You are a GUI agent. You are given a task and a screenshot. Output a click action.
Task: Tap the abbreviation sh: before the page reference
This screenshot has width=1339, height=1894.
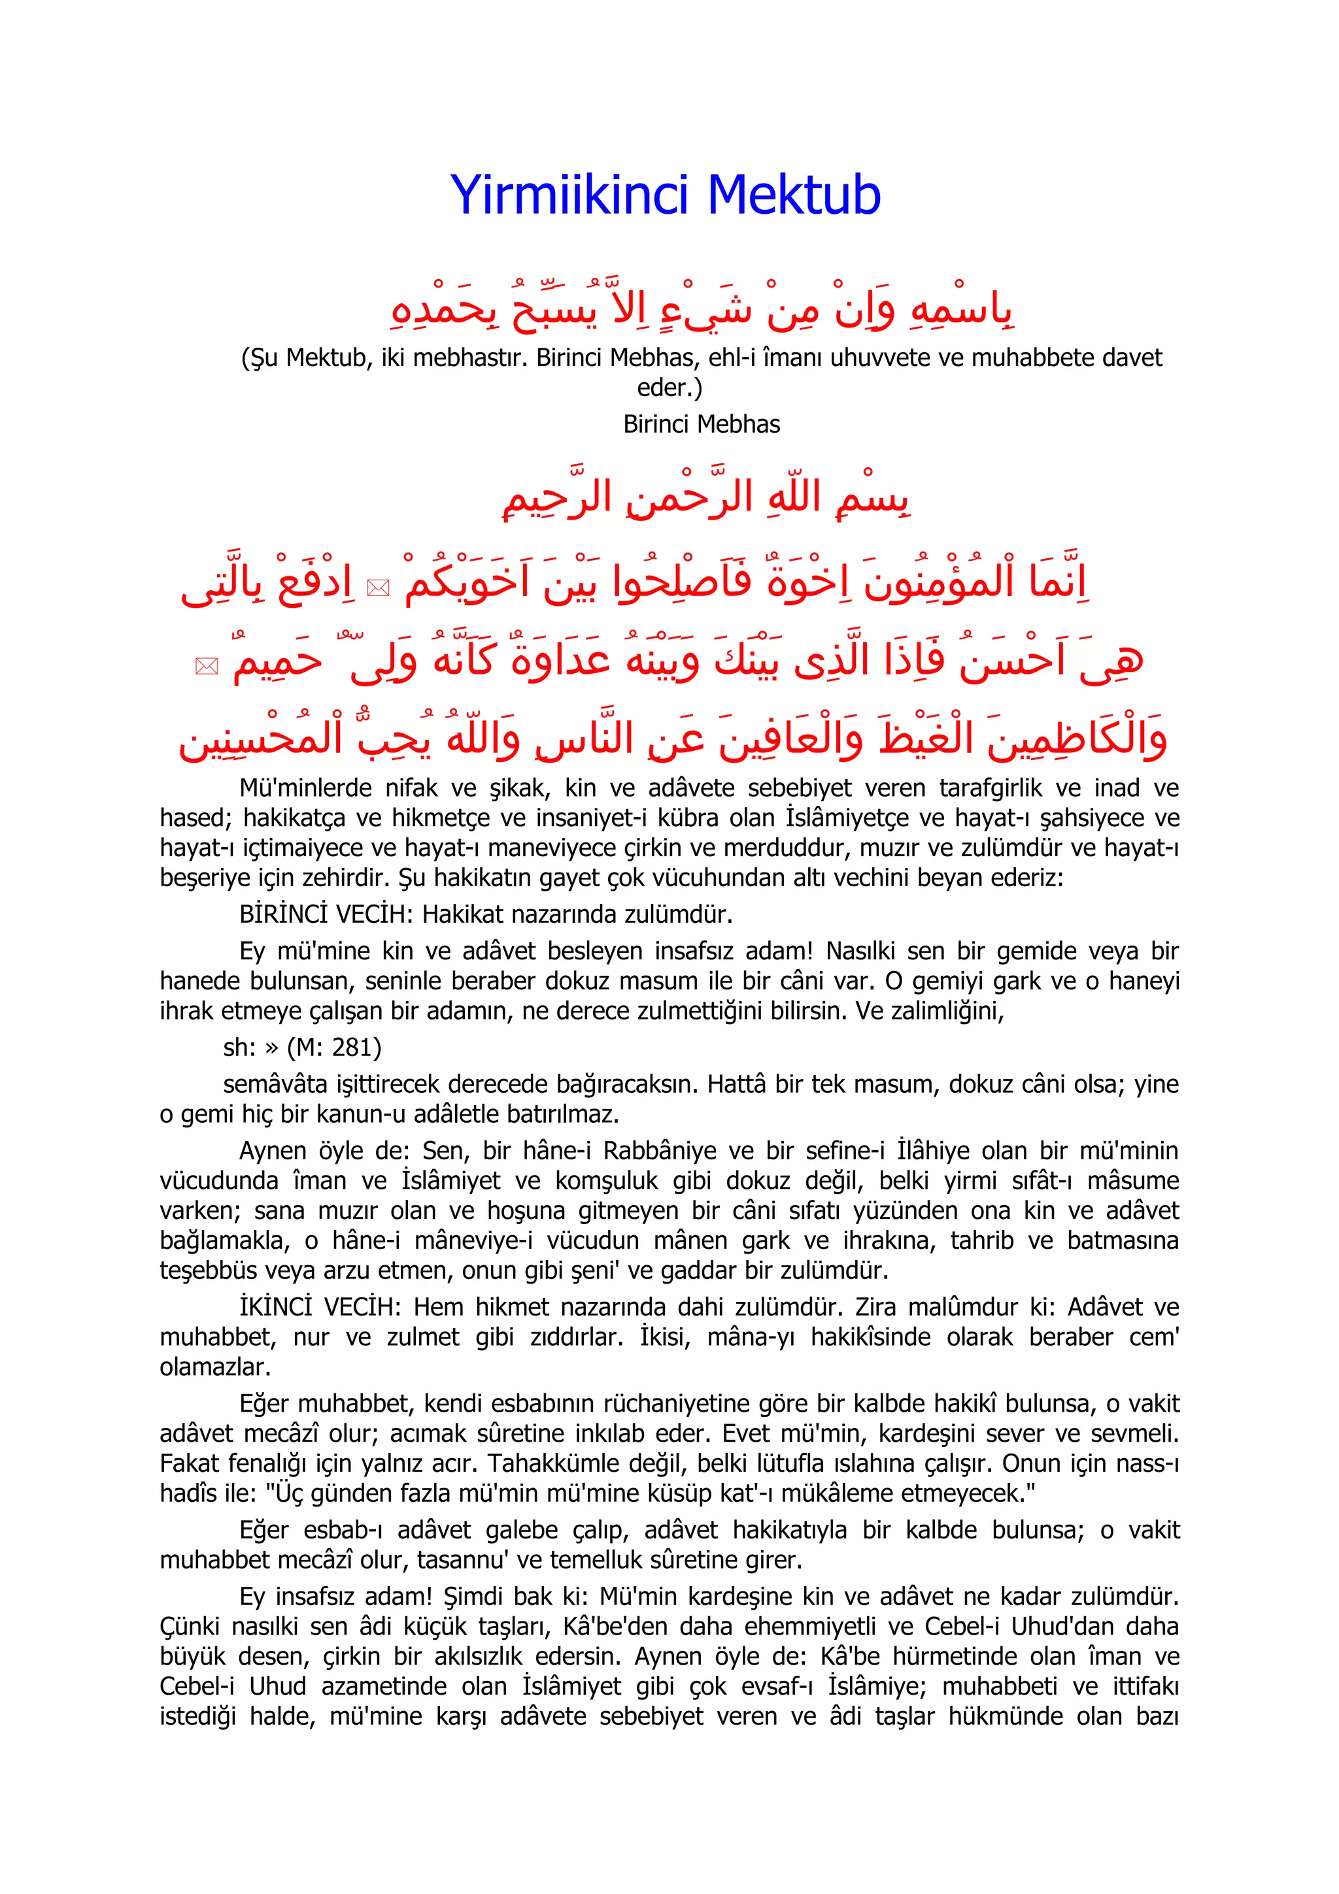[x=239, y=1048]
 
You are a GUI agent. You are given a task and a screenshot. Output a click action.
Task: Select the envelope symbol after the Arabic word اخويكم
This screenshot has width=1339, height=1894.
[x=378, y=588]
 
